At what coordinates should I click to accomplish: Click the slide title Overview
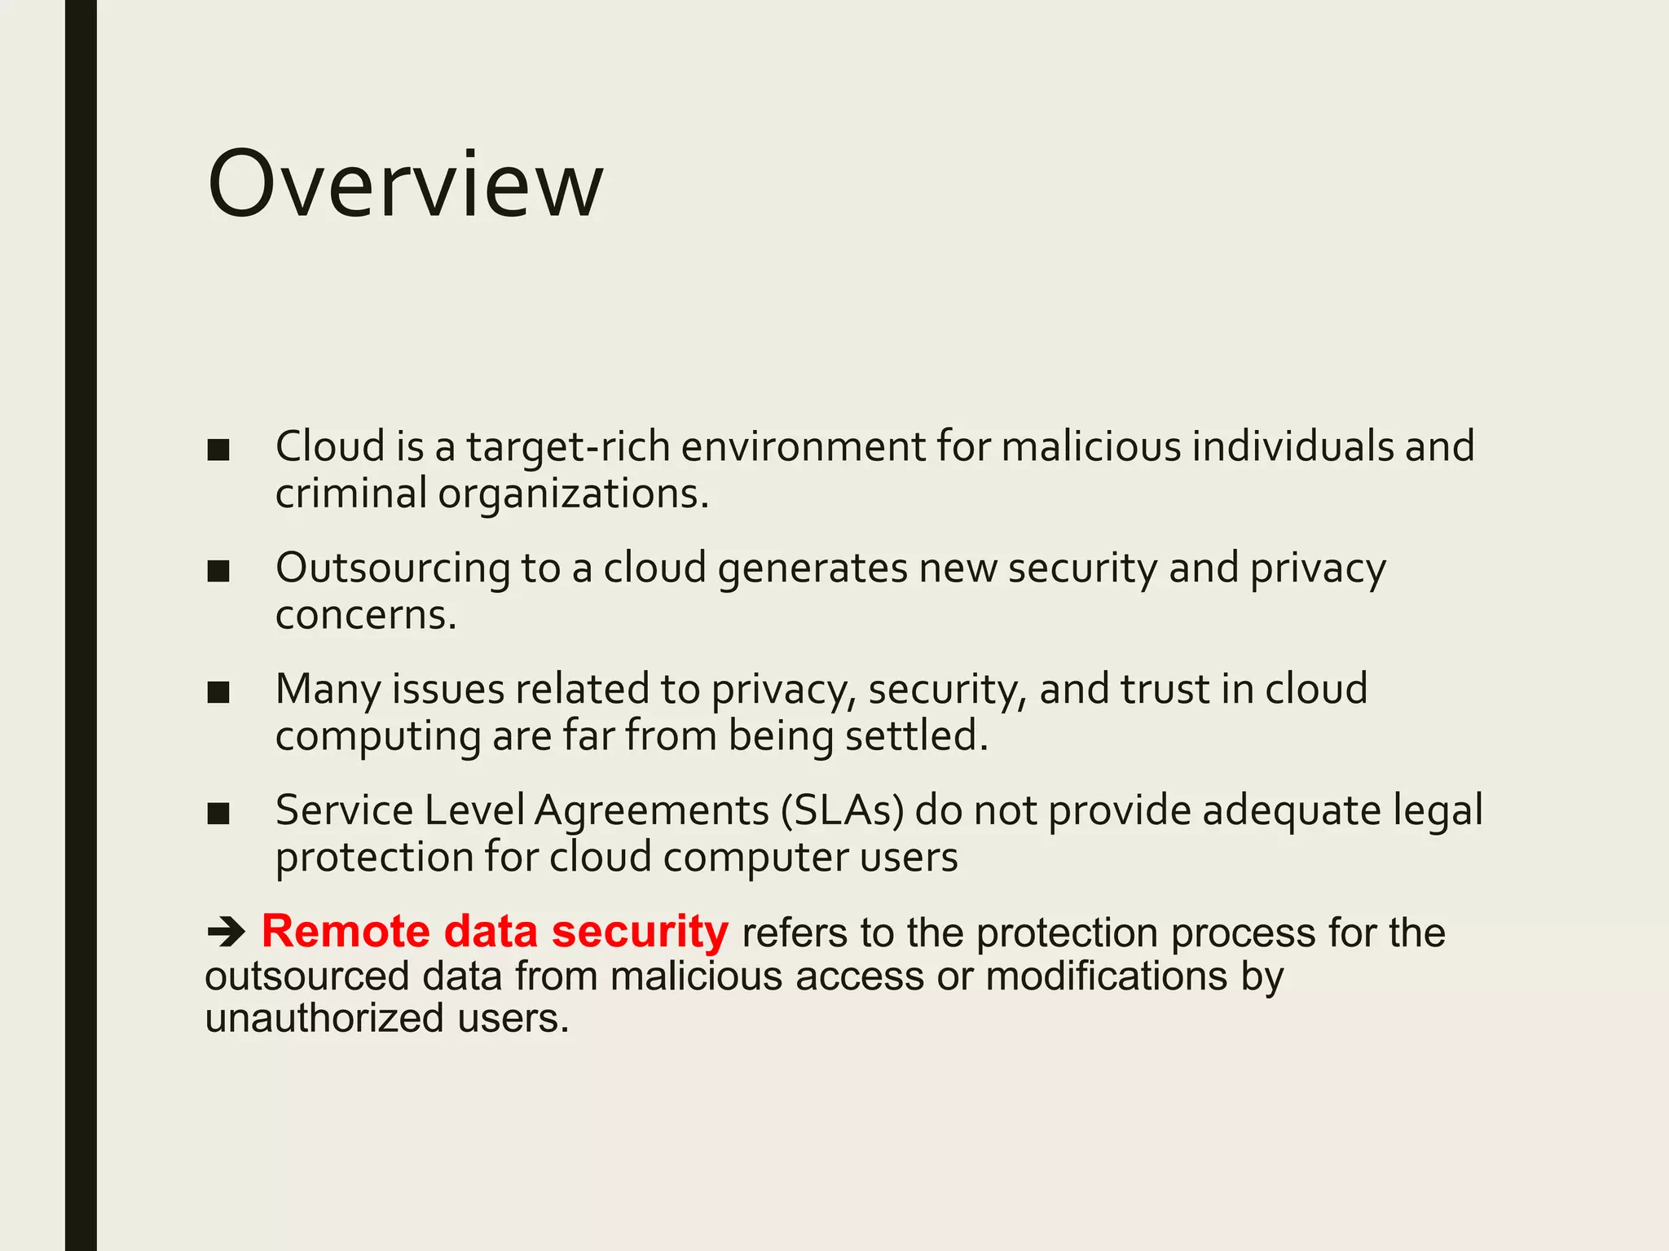click(405, 186)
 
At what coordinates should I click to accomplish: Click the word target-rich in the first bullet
click(568, 447)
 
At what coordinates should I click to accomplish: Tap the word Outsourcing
click(392, 568)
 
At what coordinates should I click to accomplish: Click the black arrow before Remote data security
click(226, 932)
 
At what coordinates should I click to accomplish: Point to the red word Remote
click(345, 931)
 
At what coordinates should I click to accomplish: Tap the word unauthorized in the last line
click(324, 1018)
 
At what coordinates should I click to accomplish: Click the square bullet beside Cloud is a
click(218, 450)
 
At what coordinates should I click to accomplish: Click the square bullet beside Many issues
click(218, 692)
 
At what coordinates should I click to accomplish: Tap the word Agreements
click(652, 812)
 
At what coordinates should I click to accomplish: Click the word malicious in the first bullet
click(1090, 447)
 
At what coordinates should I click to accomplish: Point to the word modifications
click(1106, 976)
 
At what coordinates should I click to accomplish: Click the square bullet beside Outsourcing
click(218, 571)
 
